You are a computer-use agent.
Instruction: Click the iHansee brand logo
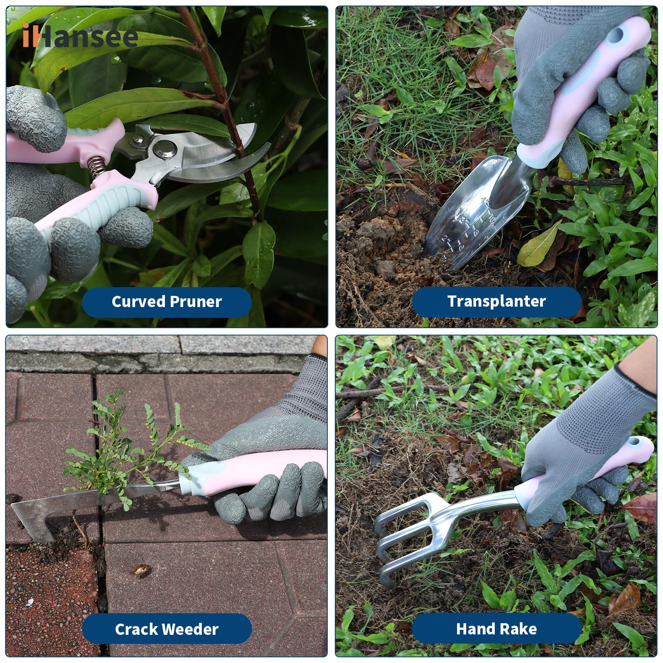80,36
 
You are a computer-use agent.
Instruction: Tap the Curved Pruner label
167,302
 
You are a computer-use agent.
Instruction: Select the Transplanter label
496,301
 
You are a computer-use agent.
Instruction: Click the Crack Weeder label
167,629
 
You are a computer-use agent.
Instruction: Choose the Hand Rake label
496,629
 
